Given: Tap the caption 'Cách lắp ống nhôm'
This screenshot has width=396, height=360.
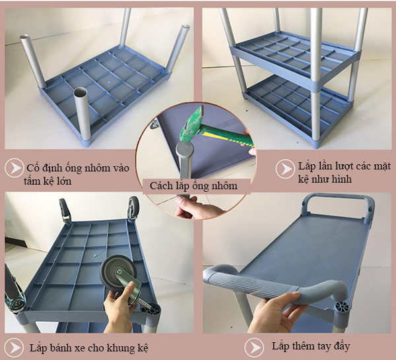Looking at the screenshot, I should pos(193,186).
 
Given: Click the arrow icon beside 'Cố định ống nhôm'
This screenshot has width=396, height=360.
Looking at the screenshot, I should pos(14,167).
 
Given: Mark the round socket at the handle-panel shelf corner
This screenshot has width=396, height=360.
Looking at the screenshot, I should pos(345,308).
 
